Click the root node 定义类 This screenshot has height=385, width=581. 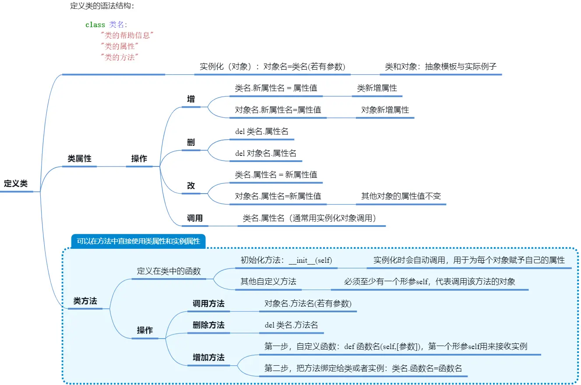[16, 184]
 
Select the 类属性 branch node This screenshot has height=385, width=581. [79, 159]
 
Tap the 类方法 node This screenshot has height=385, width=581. [85, 301]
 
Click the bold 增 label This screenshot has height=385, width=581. [191, 99]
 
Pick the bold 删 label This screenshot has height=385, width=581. [191, 143]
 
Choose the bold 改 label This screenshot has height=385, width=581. [191, 186]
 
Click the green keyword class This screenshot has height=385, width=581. [95, 25]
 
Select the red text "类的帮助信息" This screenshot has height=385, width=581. [128, 35]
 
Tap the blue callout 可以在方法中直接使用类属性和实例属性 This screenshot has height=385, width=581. [138, 241]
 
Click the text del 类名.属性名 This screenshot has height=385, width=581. [261, 131]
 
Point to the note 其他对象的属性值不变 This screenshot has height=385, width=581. [401, 196]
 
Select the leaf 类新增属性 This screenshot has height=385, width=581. [377, 88]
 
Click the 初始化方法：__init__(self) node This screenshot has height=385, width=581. [286, 260]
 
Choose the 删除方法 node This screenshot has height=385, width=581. [208, 325]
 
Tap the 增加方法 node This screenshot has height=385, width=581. [208, 358]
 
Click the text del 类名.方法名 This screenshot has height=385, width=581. [291, 325]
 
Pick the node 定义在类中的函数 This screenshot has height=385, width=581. [169, 271]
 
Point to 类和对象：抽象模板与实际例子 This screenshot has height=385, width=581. [440, 67]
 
